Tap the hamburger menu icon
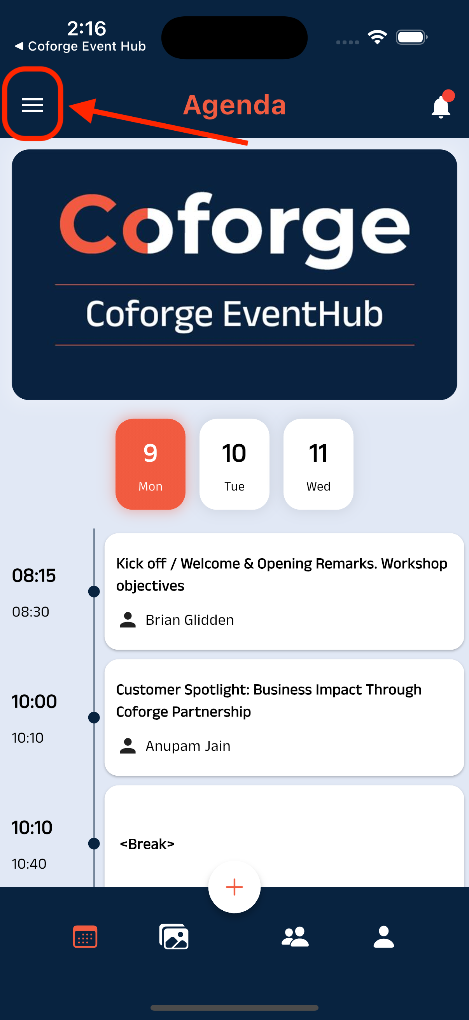(x=32, y=105)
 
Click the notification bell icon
(x=441, y=107)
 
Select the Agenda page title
(x=234, y=105)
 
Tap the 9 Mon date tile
(x=150, y=464)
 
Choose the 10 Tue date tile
(x=234, y=464)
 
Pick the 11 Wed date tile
(x=318, y=464)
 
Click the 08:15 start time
(x=34, y=575)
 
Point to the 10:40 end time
(x=29, y=864)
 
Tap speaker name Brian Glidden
(x=189, y=620)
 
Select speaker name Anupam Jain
(x=188, y=746)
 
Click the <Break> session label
(x=147, y=844)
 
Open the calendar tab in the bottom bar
(x=85, y=937)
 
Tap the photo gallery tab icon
(x=174, y=937)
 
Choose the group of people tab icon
(x=295, y=937)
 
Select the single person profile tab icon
(x=383, y=937)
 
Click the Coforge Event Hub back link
(x=81, y=46)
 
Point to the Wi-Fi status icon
(x=377, y=37)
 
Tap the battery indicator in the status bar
(x=411, y=37)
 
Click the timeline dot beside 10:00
(x=94, y=717)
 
